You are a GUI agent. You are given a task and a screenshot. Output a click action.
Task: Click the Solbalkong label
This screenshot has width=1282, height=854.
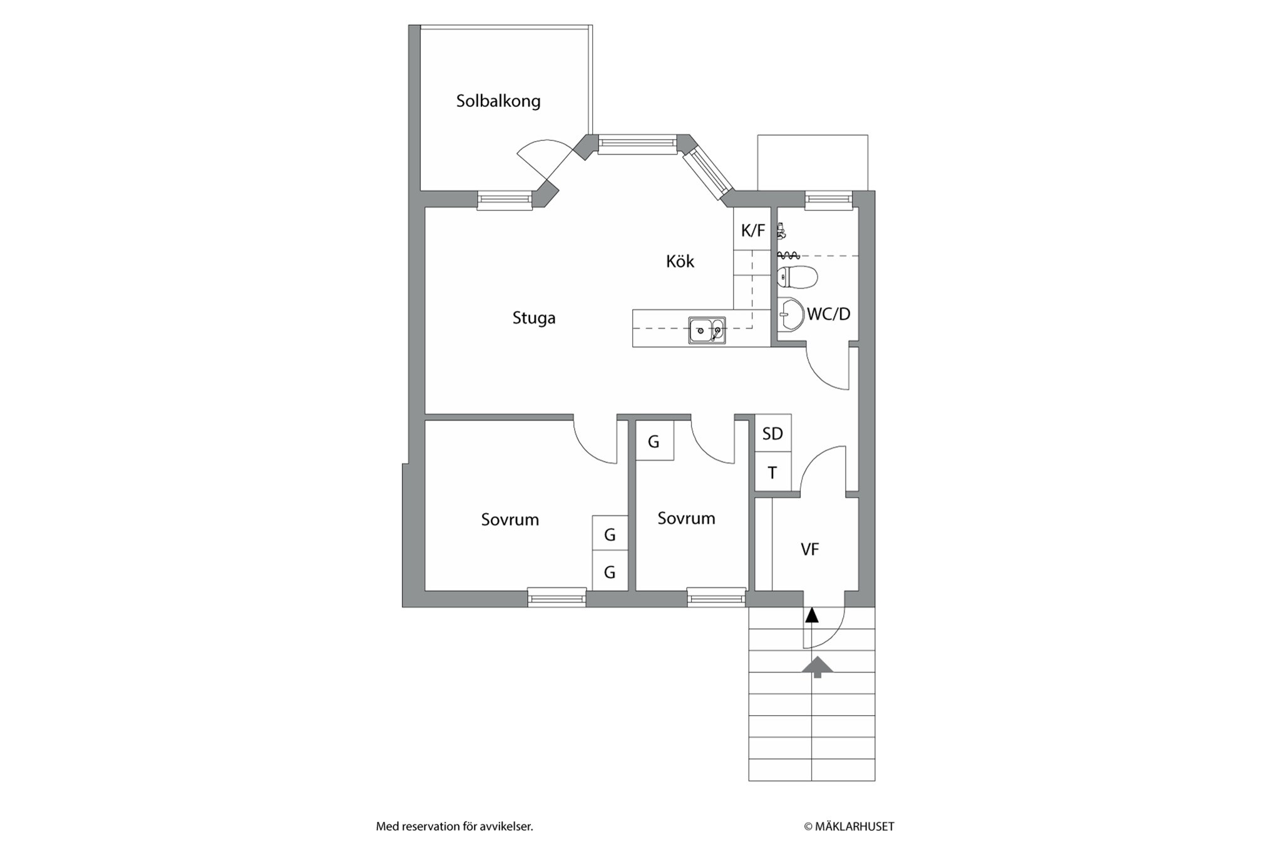[x=498, y=101]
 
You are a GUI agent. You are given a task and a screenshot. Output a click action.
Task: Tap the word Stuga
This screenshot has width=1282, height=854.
[x=534, y=318]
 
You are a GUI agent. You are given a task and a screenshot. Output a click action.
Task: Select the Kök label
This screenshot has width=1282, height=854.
[x=680, y=261]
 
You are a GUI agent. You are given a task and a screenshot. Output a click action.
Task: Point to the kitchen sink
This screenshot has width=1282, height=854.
[x=707, y=330]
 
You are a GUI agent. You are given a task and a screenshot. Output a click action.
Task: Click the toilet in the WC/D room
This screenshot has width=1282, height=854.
[x=797, y=277]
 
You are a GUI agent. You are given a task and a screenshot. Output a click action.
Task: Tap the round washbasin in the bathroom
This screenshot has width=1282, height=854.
[x=791, y=314]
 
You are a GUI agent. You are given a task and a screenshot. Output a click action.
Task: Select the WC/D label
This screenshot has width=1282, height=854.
[x=829, y=314]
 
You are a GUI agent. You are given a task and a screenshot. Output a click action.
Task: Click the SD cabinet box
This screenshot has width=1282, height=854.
[x=773, y=433]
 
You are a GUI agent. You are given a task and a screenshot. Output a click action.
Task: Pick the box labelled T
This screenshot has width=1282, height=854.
[x=773, y=472]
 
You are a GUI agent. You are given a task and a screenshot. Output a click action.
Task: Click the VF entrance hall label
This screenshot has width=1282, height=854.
[x=810, y=549]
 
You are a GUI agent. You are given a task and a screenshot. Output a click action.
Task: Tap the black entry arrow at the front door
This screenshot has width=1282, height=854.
[x=812, y=615]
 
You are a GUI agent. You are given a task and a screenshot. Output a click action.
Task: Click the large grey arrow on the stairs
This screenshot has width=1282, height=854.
[x=818, y=667]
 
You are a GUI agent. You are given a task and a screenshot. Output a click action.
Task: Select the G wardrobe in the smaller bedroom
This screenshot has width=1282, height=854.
[x=655, y=441]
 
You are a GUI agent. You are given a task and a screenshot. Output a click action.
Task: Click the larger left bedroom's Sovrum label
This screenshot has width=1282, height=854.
[x=510, y=519]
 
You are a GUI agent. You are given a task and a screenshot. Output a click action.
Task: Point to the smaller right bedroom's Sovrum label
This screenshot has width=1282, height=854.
[x=686, y=518]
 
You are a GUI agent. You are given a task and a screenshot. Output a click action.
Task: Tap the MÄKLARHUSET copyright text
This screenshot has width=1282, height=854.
[x=849, y=826]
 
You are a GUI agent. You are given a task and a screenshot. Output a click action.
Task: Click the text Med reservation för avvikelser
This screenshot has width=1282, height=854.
[x=454, y=826]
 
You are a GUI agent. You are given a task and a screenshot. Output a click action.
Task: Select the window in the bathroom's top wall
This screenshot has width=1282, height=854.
[x=829, y=199]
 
